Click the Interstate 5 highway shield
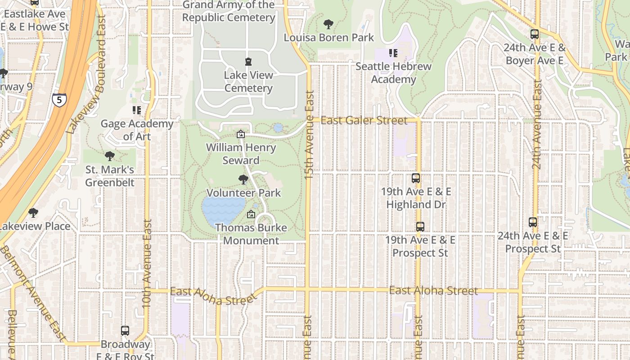pos(59,99)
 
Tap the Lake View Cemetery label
pos(248,81)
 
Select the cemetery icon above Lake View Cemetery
pos(248,61)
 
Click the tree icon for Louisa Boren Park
pos(328,24)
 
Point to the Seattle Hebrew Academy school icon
pos(393,53)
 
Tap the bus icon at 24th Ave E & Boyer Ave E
pos(534,34)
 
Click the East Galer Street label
pos(364,120)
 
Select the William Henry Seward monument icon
pos(241,134)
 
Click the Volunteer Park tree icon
pos(243,180)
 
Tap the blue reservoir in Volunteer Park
pos(223,210)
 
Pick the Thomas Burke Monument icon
pos(251,214)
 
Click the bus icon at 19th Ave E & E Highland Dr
pos(416,178)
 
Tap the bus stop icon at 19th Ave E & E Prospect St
pos(420,227)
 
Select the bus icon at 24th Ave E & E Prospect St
pos(533,222)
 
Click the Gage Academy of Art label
pos(137,130)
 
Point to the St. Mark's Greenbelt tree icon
pos(109,157)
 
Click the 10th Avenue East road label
pos(147,263)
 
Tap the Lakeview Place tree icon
pos(33,213)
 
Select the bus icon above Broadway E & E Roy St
pos(125,331)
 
